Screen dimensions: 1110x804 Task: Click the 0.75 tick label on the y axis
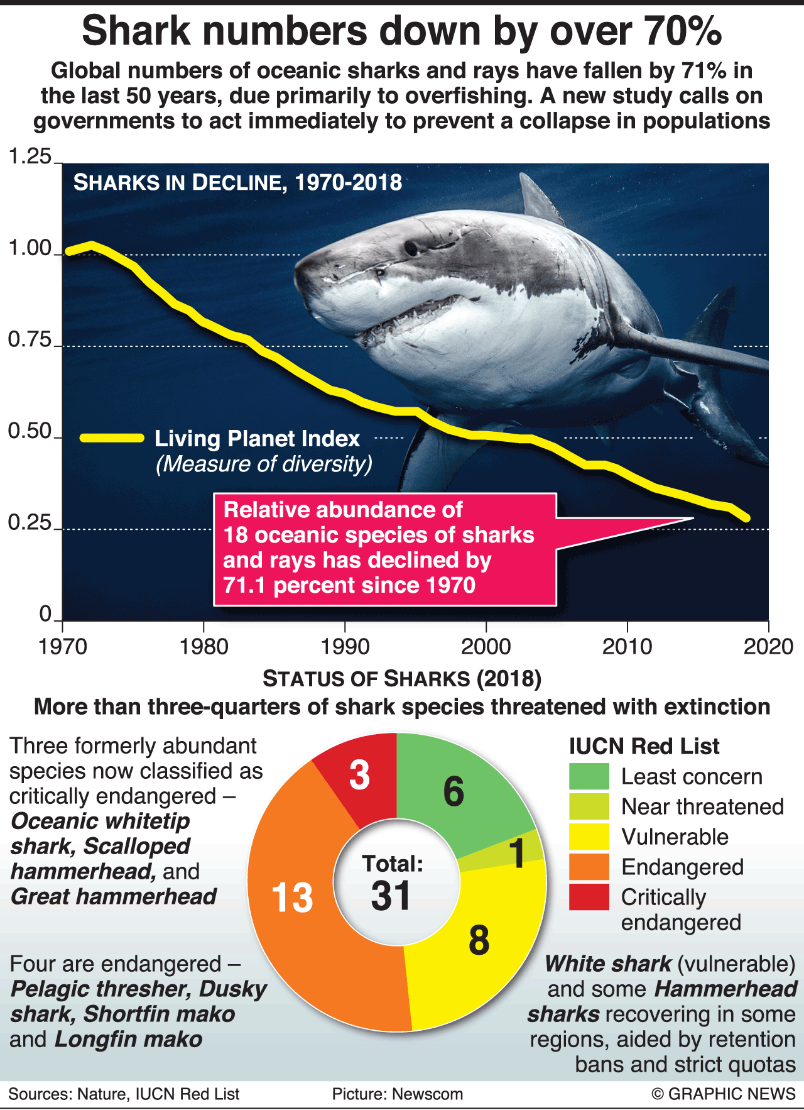[29, 340]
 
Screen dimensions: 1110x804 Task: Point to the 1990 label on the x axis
[345, 646]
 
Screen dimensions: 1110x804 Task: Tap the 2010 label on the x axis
[627, 646]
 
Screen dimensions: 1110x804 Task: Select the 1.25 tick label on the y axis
[29, 157]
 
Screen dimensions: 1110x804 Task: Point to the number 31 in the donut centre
[391, 896]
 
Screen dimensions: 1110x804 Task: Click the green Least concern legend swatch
[589, 776]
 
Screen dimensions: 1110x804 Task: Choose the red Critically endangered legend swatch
[589, 897]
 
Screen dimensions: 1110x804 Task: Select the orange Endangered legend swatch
[589, 867]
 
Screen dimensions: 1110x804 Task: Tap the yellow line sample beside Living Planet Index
[112, 438]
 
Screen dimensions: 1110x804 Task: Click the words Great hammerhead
[114, 896]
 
